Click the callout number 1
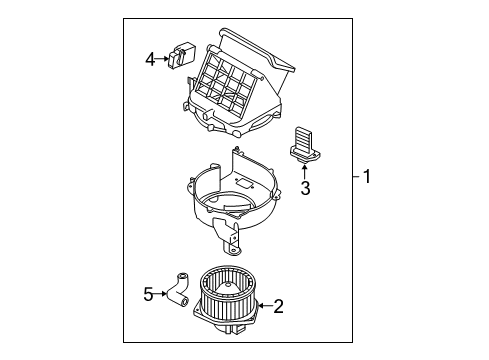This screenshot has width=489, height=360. tap(367, 178)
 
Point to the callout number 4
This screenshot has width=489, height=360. tap(150, 60)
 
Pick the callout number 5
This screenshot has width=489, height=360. tap(148, 293)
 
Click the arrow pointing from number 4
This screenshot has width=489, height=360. tap(163, 60)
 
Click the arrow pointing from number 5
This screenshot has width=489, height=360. tap(161, 293)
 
